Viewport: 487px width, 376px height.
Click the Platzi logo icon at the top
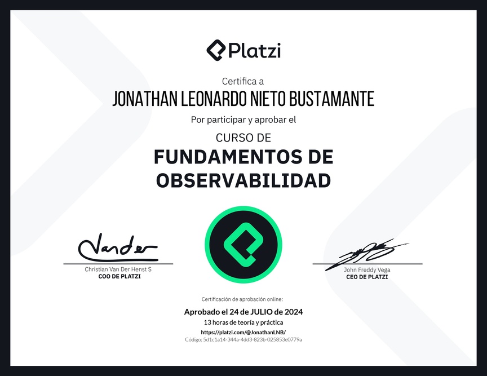[216, 50]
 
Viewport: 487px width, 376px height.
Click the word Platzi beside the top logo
[255, 51]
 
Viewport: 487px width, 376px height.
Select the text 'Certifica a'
[243, 81]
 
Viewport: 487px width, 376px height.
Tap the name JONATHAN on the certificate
[145, 99]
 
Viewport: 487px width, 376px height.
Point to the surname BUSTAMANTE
[331, 99]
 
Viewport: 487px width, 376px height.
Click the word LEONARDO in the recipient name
[214, 99]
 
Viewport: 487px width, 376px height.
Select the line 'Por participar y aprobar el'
[243, 120]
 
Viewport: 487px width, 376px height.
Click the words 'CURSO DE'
[243, 138]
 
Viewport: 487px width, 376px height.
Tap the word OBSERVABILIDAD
[243, 180]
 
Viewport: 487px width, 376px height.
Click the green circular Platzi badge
[243, 245]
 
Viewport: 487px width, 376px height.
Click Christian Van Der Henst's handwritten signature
[118, 247]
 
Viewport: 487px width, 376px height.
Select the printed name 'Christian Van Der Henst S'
[118, 269]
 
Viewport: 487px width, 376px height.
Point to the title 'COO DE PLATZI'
[119, 277]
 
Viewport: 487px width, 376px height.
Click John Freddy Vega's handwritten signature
[367, 254]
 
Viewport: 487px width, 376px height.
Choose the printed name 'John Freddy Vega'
[367, 270]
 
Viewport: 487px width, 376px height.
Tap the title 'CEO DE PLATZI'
[367, 277]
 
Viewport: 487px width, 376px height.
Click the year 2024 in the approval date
[294, 312]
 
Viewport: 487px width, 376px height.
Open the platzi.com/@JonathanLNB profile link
[243, 332]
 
